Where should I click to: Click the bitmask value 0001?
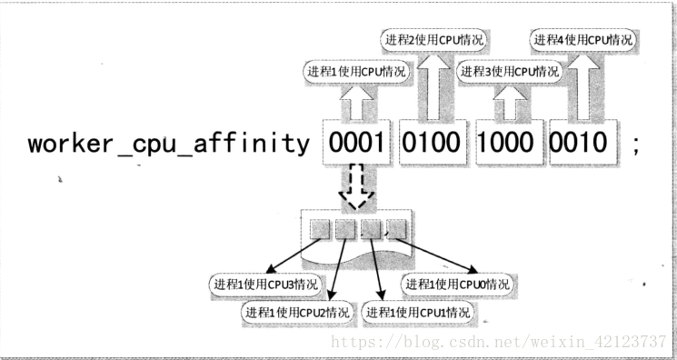[356, 143]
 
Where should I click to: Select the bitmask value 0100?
[432, 143]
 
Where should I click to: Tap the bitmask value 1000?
[505, 143]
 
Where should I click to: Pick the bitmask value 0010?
[579, 143]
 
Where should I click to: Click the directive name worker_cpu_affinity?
[168, 143]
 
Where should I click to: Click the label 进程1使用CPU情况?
[356, 71]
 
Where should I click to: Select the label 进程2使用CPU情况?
[434, 40]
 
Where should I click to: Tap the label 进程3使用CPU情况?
[510, 71]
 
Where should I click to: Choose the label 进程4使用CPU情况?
[583, 40]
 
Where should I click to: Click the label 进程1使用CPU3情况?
[265, 285]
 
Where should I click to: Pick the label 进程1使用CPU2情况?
[297, 312]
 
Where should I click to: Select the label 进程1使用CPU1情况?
[417, 312]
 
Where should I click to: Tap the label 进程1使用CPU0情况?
[458, 285]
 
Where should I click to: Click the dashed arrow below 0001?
[356, 186]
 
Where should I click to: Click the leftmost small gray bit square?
[321, 229]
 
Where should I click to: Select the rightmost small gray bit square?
[396, 229]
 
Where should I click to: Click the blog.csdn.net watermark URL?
[499, 342]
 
